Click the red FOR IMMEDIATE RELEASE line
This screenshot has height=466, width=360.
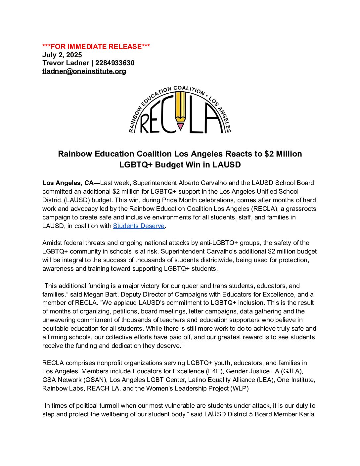click(x=96, y=47)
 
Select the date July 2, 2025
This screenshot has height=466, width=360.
click(x=62, y=55)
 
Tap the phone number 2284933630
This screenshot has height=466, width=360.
click(x=115, y=63)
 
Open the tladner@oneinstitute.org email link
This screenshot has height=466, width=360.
click(x=84, y=71)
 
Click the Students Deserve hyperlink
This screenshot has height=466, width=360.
click(x=139, y=226)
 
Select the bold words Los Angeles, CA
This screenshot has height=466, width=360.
click(x=68, y=183)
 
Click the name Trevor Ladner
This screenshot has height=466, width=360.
click(x=66, y=63)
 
